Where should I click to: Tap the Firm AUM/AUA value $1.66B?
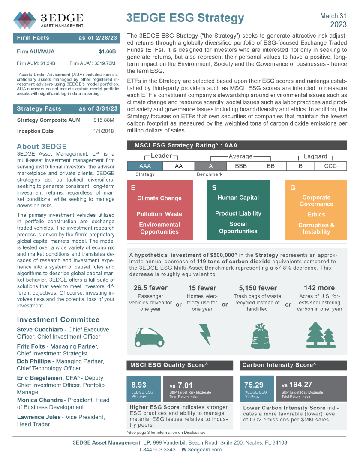[107, 52]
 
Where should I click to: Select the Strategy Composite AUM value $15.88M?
[104, 120]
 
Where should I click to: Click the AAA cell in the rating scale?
[145, 166]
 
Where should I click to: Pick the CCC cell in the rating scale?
[330, 166]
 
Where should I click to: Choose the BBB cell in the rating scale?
[241, 166]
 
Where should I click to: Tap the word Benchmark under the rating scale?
[210, 174]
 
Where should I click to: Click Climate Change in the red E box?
[159, 198]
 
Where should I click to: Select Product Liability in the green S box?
[238, 213]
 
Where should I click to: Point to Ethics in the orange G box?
[316, 214]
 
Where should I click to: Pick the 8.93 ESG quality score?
[139, 385]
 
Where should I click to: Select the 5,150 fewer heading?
[258, 288]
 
